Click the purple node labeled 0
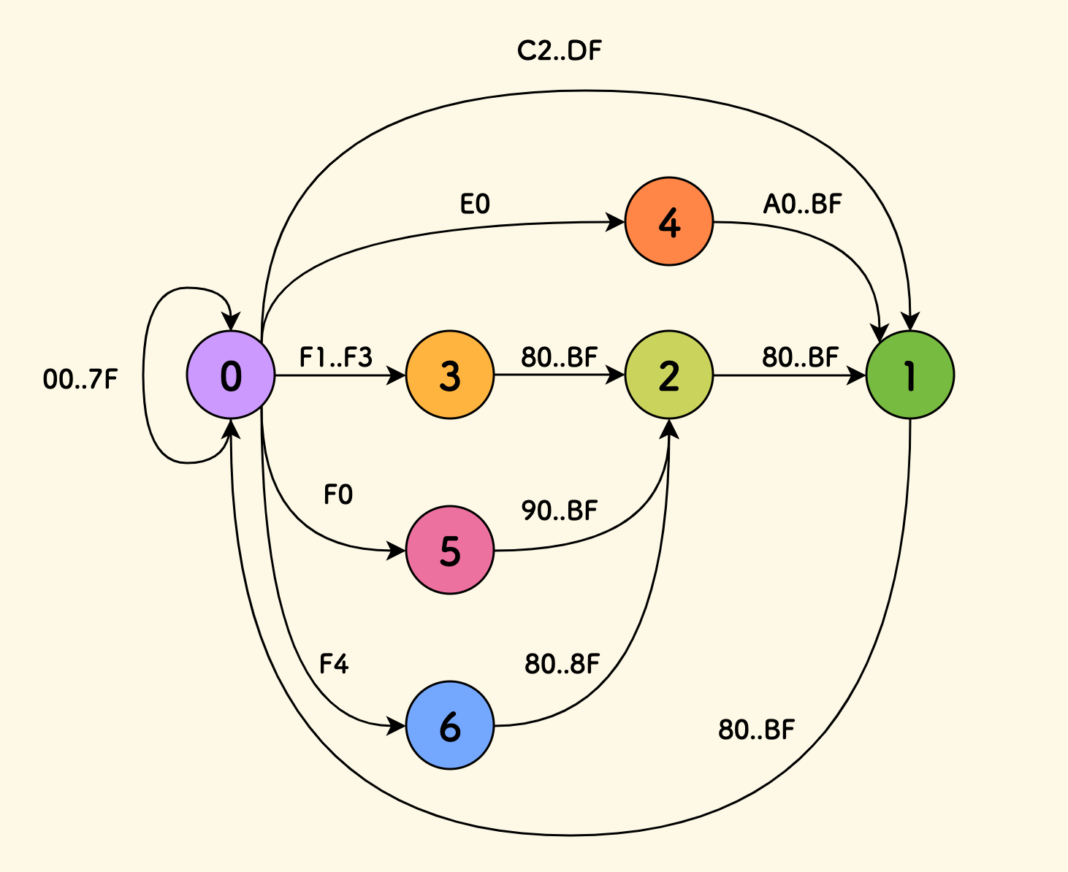(x=231, y=375)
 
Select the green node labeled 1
(x=909, y=375)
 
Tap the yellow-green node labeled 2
(x=668, y=375)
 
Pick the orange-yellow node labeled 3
(x=449, y=375)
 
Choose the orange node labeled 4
(x=668, y=222)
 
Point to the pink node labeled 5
(x=449, y=550)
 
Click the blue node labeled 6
(x=449, y=725)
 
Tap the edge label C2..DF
(x=560, y=51)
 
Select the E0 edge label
(x=475, y=204)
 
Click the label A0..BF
(x=802, y=204)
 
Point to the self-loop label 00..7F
(x=80, y=380)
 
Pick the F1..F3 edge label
(x=336, y=358)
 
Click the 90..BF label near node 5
(x=560, y=510)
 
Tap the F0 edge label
(x=338, y=495)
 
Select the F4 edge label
(x=334, y=664)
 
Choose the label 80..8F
(x=562, y=664)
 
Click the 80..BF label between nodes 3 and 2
(x=560, y=357)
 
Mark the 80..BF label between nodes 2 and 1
(x=801, y=357)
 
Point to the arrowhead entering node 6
(x=397, y=725)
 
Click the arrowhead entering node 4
(x=617, y=222)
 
